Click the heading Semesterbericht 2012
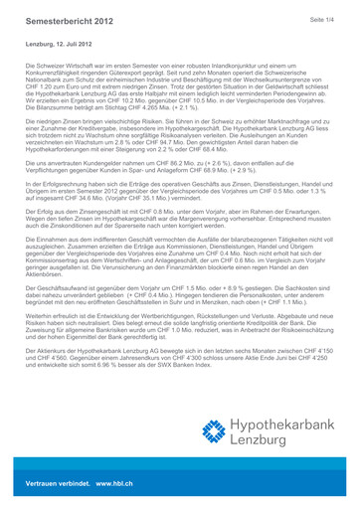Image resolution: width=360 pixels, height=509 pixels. tap(69, 21)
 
